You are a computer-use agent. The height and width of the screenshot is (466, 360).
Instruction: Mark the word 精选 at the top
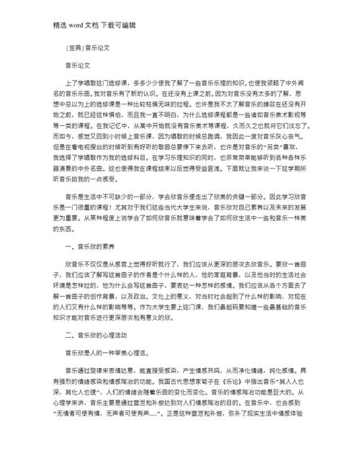coord(39,25)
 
